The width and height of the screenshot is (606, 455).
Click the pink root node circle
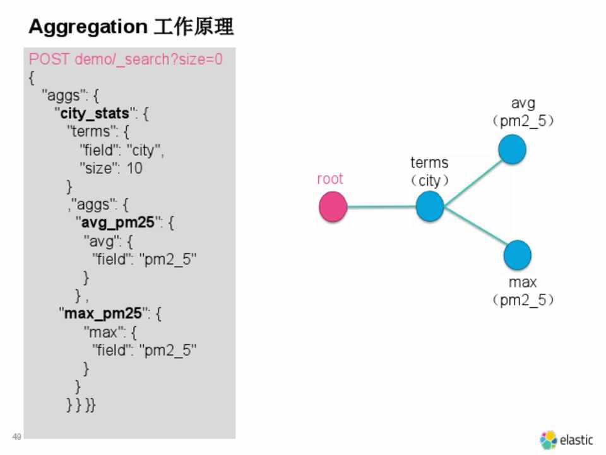(333, 207)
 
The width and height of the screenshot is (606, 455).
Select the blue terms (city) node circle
(430, 207)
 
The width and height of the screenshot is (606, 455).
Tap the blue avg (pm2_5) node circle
(512, 149)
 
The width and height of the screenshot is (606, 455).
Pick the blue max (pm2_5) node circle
(518, 255)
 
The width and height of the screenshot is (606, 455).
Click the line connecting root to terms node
(381, 207)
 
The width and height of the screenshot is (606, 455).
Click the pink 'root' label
(330, 179)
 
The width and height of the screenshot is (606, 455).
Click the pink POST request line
(126, 59)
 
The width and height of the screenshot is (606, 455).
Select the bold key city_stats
(95, 113)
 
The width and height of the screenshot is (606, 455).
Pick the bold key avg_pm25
(117, 222)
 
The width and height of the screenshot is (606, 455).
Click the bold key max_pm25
(103, 313)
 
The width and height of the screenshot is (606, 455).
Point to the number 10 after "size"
(134, 168)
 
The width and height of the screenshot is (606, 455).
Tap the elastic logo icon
(549, 440)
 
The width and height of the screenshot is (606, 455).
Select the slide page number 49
(16, 437)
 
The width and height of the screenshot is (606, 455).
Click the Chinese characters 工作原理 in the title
(193, 27)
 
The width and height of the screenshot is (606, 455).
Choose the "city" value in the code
(143, 150)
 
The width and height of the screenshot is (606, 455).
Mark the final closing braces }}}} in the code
(81, 404)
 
